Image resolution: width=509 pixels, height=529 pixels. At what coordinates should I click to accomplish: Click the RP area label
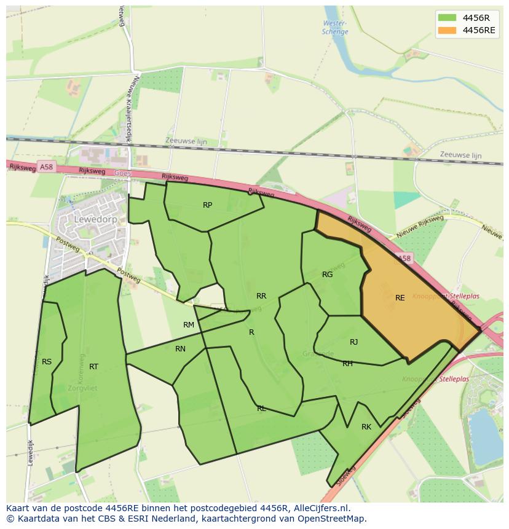click(207, 205)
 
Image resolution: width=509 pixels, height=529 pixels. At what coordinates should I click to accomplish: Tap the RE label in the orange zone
click(400, 298)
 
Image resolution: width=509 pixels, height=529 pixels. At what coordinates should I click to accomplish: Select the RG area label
click(327, 275)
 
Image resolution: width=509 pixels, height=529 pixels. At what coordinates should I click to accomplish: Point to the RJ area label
click(353, 342)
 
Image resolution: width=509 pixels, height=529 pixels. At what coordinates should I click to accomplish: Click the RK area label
click(366, 427)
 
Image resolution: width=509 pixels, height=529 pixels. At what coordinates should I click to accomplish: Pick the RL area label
click(261, 409)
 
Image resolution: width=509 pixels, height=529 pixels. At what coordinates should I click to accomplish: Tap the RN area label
click(180, 349)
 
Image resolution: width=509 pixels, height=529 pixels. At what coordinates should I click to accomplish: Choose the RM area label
click(189, 325)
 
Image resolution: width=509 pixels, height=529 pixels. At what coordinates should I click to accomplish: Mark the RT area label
click(93, 367)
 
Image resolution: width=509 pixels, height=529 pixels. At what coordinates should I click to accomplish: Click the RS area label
click(47, 362)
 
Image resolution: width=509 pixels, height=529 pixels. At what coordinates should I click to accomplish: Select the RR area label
click(261, 296)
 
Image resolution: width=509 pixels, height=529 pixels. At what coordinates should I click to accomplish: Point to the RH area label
click(347, 364)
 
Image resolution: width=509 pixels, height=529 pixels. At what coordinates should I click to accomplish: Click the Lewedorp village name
click(95, 219)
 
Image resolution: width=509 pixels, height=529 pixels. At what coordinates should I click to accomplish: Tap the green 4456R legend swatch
click(447, 18)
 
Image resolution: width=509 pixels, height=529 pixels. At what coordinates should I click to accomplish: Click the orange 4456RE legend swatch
click(447, 30)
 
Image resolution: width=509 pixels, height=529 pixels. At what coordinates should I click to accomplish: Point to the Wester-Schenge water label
click(335, 28)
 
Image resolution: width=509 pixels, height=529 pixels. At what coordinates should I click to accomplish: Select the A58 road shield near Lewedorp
click(46, 167)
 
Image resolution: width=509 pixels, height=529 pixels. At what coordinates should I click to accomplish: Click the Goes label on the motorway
click(123, 173)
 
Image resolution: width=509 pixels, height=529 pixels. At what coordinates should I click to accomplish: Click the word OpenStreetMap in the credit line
click(333, 519)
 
